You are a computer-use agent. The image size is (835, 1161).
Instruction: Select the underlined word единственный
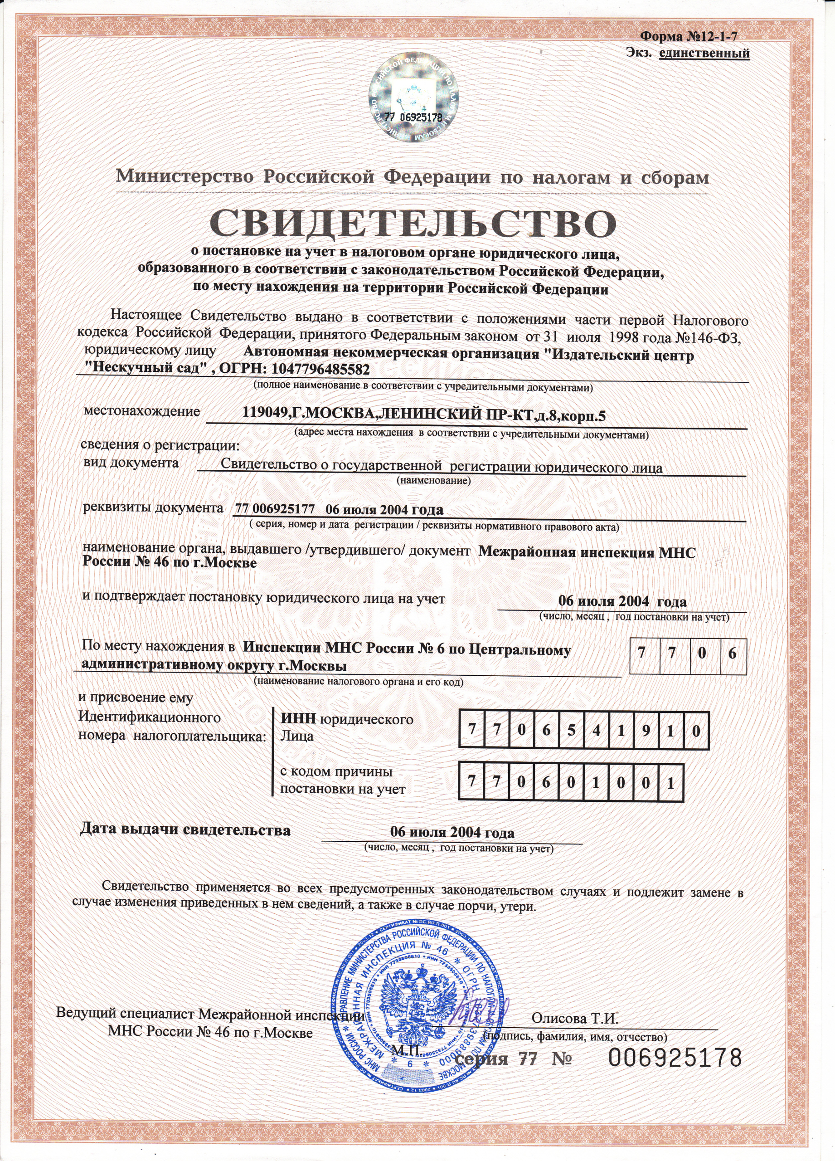click(704, 53)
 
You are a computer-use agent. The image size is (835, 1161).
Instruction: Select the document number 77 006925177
click(274, 510)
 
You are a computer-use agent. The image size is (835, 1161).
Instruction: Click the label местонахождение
click(142, 411)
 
